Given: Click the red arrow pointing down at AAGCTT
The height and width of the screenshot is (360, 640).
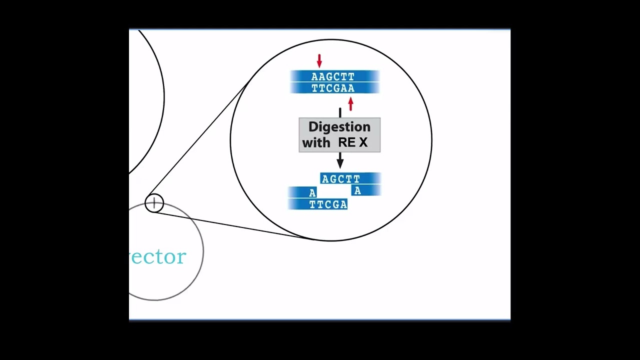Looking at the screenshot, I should tap(319, 61).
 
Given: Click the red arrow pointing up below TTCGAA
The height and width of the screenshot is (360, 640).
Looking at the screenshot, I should tap(350, 104).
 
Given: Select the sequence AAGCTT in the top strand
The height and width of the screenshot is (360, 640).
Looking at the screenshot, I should tap(332, 76).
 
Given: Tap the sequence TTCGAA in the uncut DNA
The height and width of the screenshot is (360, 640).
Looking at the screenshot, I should tap(332, 88).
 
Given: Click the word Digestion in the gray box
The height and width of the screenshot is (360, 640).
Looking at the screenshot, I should tap(339, 126).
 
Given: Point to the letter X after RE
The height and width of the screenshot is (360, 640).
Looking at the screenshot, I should tap(363, 142).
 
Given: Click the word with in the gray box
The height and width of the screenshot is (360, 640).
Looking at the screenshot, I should tap(316, 142).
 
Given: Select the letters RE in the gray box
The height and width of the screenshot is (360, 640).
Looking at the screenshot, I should tap(346, 142).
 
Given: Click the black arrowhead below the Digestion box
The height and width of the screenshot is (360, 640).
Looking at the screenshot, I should tap(340, 162).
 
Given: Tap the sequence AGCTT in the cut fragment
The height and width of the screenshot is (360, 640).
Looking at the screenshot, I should tap(340, 179).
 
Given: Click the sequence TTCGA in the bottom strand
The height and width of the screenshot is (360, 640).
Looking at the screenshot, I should tap(328, 204).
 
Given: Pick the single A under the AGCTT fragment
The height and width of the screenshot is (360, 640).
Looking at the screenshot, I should tap(357, 190).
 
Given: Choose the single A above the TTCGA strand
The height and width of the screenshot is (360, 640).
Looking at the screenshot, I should tap(312, 193).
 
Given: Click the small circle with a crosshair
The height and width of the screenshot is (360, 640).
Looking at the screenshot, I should tap(154, 203).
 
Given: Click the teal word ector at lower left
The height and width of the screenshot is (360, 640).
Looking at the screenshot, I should tap(158, 256).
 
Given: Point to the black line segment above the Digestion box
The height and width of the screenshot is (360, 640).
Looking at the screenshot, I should tap(340, 113).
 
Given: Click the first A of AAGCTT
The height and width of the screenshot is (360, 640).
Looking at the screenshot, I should tap(314, 76).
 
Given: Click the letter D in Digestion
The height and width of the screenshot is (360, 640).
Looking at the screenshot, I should tap(313, 126).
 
